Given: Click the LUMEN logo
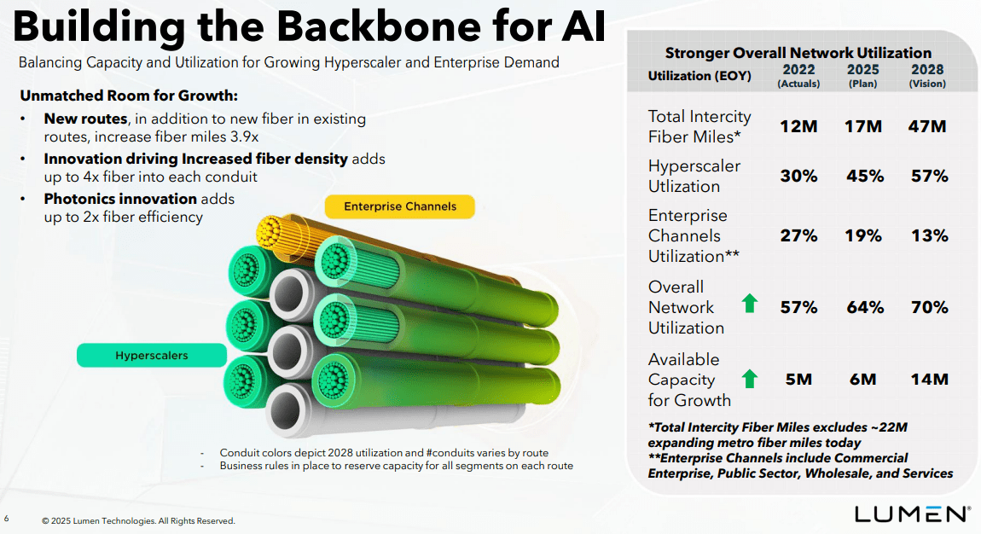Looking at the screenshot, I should tap(912, 514).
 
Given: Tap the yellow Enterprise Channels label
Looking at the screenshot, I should tap(400, 206).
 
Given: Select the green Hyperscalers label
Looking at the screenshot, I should tap(151, 355).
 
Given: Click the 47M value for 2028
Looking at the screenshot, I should tap(928, 126).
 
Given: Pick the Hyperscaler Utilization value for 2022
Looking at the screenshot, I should tap(798, 176).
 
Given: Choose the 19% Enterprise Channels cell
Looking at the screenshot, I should tap(863, 235).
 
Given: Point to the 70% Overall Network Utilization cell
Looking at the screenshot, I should tap(928, 307).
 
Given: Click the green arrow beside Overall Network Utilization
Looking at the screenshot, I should tap(750, 303).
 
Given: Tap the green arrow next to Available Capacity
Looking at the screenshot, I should tap(750, 379).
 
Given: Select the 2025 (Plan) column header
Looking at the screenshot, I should tap(863, 75).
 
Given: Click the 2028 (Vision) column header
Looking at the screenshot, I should tap(927, 75).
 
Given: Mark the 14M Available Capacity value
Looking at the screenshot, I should tap(928, 380).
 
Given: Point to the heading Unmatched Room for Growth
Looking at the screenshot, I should tap(129, 95).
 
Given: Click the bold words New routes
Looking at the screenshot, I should tap(85, 119).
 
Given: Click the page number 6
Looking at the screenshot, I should tap(7, 518).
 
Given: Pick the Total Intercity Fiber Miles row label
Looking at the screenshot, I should tap(699, 126).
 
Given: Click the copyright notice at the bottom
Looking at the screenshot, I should tap(138, 520).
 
